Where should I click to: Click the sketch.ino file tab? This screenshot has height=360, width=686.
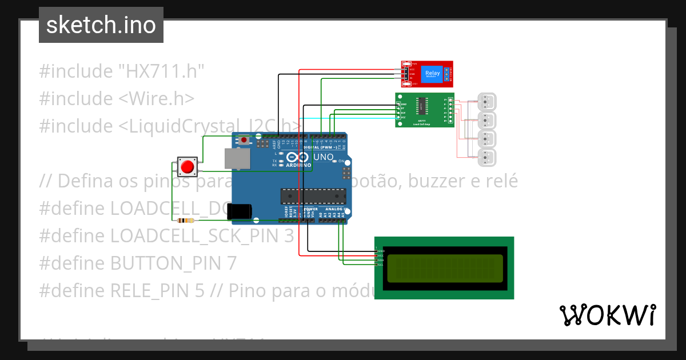click(101, 25)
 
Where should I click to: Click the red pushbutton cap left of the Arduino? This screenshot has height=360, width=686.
click(187, 167)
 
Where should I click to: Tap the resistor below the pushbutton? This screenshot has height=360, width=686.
click(186, 221)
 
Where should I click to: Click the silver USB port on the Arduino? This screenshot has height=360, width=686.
click(236, 158)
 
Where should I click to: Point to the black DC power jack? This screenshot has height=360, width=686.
click(238, 211)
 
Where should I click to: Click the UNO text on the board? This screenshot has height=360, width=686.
click(325, 157)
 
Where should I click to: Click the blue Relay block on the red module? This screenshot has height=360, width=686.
click(432, 74)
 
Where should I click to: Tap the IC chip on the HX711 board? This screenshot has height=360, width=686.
click(422, 106)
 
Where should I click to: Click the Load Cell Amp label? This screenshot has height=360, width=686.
click(421, 123)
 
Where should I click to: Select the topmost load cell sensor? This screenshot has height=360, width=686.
click(487, 102)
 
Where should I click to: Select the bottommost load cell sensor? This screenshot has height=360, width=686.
click(487, 157)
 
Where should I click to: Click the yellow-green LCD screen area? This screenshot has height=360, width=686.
click(445, 269)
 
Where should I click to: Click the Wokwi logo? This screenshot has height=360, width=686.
click(607, 315)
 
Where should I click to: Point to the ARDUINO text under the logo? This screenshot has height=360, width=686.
click(299, 165)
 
